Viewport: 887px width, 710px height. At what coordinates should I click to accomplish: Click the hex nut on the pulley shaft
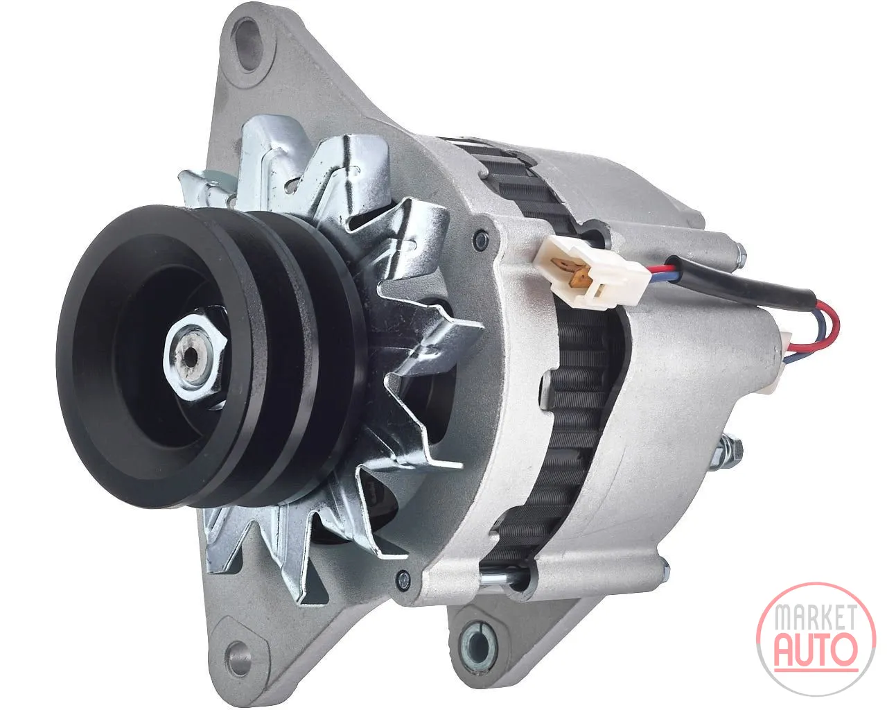click(195, 357)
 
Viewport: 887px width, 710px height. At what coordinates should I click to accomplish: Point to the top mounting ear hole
click(249, 44)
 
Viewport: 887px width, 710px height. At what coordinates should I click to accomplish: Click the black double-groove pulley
click(210, 357)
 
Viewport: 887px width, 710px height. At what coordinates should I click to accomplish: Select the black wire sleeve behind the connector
click(738, 281)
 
